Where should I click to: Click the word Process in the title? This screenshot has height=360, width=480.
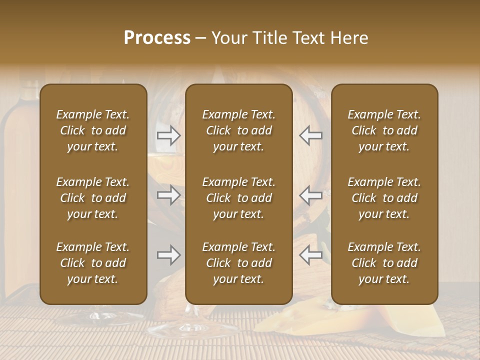(157, 38)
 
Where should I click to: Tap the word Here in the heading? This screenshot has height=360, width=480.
(348, 38)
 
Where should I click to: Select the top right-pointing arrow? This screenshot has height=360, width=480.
(169, 135)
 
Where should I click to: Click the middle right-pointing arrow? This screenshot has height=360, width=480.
(169, 195)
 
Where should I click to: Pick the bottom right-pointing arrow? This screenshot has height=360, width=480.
(169, 255)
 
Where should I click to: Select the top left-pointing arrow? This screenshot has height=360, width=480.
(311, 135)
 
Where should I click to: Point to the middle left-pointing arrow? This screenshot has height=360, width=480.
(311, 195)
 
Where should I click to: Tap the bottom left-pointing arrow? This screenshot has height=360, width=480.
(311, 255)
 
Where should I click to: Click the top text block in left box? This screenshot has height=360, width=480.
(93, 130)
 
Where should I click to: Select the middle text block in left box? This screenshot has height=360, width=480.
(93, 198)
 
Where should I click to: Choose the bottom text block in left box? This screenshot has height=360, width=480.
(93, 263)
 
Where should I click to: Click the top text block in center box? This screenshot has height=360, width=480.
(239, 130)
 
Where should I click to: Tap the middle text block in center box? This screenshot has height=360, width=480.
(239, 198)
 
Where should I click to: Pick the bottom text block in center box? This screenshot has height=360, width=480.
(239, 263)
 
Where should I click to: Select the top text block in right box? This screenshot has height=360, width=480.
(384, 130)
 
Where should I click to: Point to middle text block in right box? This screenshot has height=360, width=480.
(384, 198)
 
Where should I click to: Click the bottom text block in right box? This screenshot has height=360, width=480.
(384, 263)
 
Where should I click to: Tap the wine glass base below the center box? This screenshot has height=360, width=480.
(192, 327)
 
